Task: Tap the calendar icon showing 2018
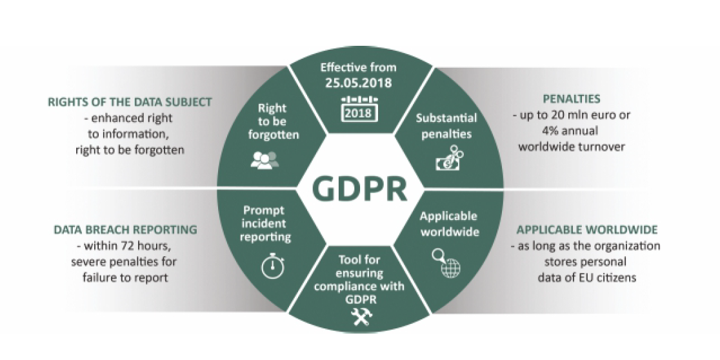360,108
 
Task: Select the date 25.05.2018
360,82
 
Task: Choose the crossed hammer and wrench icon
360,316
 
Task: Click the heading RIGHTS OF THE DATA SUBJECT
130,103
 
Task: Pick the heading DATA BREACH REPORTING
125,230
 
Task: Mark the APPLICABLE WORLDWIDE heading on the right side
586,230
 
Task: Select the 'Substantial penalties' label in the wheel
446,126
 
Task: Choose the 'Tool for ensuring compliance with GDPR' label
360,279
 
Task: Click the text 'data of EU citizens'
585,277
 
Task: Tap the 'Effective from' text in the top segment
360,67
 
